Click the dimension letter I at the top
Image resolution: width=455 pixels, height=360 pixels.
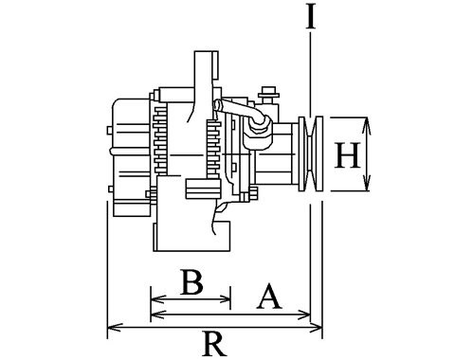pos(311,17)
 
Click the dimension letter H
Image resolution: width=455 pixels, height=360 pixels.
pos(347,155)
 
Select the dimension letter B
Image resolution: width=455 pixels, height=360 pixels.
pos(191,281)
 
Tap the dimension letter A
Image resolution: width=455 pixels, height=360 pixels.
pos(268,297)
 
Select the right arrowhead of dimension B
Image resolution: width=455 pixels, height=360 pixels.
pos(224,298)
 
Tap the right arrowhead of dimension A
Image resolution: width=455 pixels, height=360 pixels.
pos(303,315)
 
